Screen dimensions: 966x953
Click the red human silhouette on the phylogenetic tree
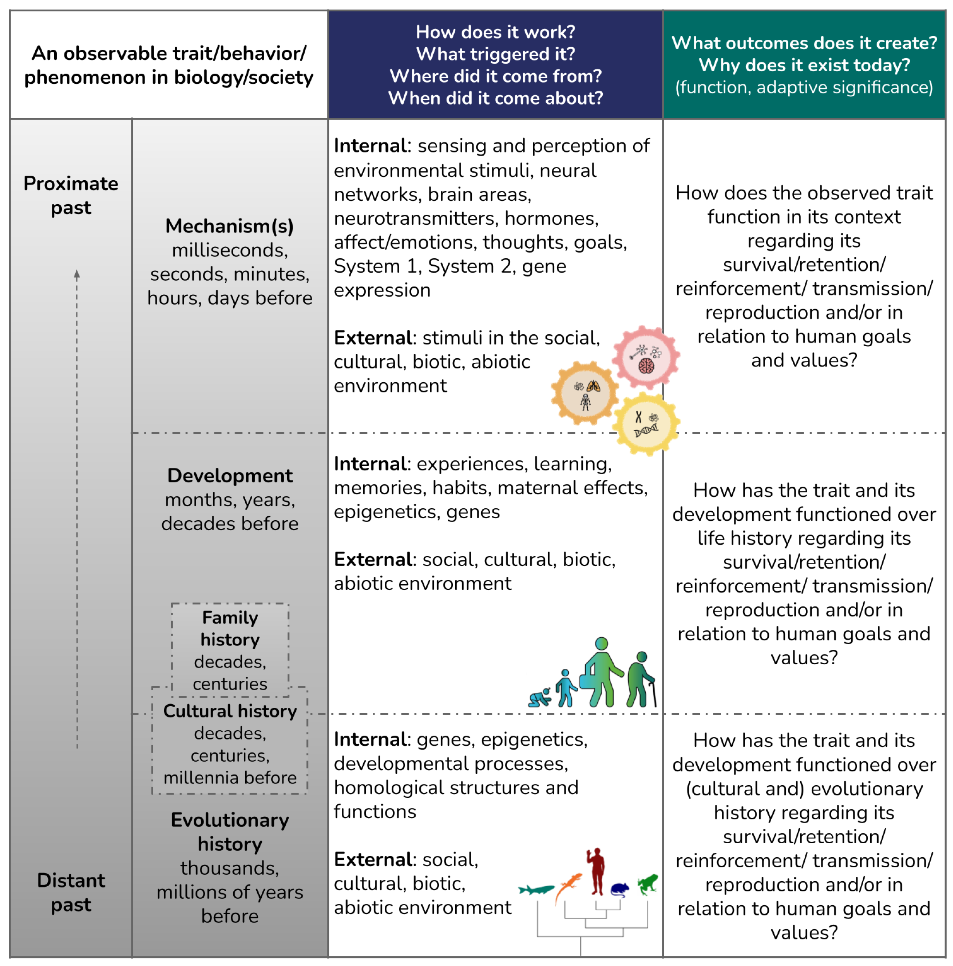click(x=596, y=871)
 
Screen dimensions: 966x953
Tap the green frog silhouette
click(x=648, y=884)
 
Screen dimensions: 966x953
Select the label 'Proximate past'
click(x=71, y=195)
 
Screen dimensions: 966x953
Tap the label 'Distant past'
click(x=71, y=892)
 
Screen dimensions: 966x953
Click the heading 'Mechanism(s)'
click(x=230, y=226)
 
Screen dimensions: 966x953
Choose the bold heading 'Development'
click(x=230, y=475)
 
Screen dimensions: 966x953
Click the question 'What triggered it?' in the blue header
click(x=496, y=54)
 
